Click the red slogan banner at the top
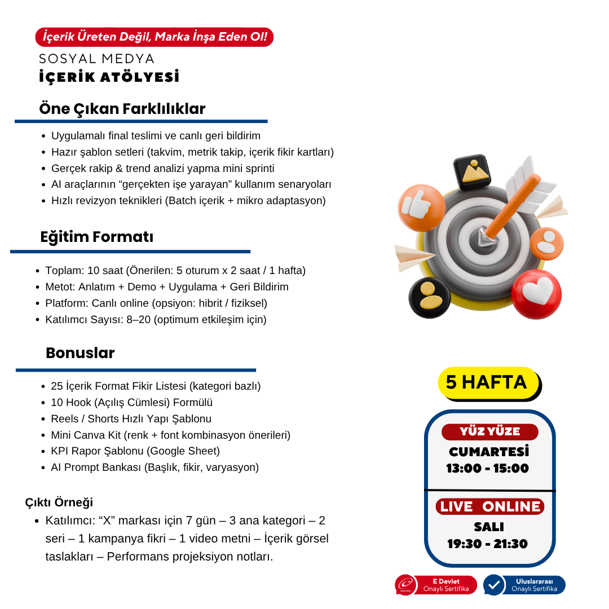(154, 37)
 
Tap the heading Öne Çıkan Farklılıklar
(122, 109)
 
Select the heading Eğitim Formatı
(96, 237)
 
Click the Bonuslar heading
(80, 353)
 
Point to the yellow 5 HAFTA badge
(488, 382)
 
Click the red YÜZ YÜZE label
(489, 432)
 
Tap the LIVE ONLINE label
(489, 506)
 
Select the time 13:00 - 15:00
(488, 469)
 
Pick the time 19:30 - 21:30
(488, 544)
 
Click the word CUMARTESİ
(489, 452)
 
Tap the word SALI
(489, 527)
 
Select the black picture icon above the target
(471, 172)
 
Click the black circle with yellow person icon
(430, 297)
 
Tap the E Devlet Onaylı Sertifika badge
(436, 585)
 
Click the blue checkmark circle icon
(494, 585)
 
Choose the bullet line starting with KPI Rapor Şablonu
(135, 451)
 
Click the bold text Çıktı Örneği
(59, 502)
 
